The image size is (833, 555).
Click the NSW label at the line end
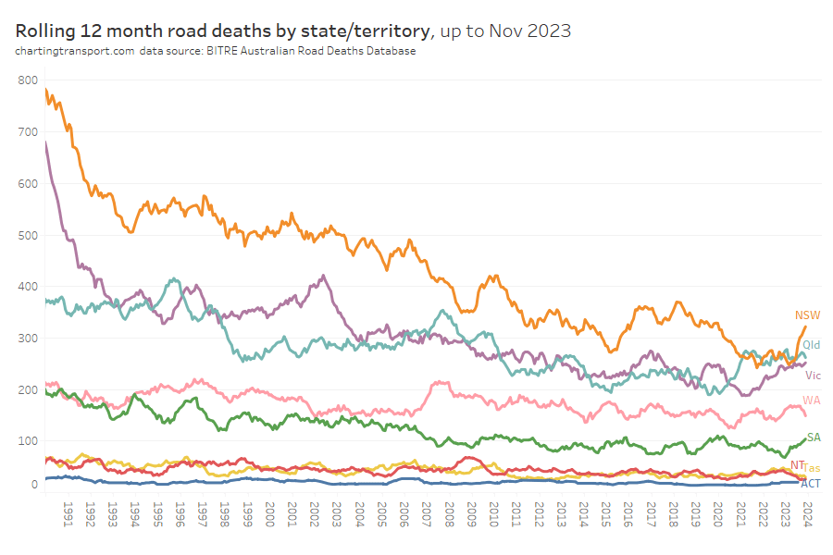pyautogui.click(x=807, y=315)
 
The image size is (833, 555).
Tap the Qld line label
pyautogui.click(x=811, y=345)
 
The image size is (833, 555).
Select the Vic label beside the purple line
pyautogui.click(x=813, y=376)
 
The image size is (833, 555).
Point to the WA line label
pyautogui.click(x=811, y=401)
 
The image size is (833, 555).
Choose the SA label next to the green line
pyautogui.click(x=814, y=438)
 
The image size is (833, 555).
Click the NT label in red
pyautogui.click(x=797, y=464)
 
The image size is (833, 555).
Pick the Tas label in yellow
pyautogui.click(x=812, y=469)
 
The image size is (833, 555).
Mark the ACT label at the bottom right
pyautogui.click(x=810, y=484)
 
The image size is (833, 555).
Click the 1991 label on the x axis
pyautogui.click(x=68, y=513)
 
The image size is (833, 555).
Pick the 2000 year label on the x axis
pyautogui.click(x=269, y=513)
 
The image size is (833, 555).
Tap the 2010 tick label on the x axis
pyautogui.click(x=493, y=513)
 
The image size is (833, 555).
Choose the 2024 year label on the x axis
pyautogui.click(x=807, y=513)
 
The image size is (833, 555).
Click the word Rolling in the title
pyautogui.click(x=45, y=31)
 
